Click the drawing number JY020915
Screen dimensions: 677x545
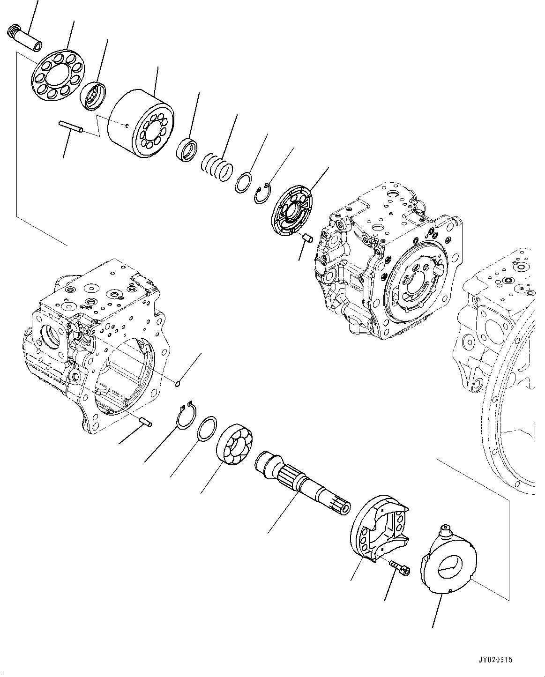tap(495, 660)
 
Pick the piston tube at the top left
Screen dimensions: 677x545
tap(25, 39)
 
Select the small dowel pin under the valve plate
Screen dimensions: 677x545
tap(307, 238)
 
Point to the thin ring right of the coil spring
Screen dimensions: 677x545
tap(244, 183)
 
